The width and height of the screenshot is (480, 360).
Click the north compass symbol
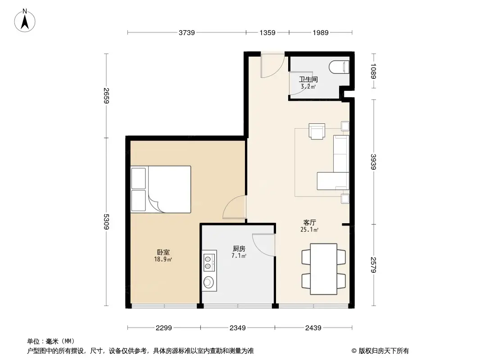tap(25, 20)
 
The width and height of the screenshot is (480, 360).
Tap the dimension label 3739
tap(187, 32)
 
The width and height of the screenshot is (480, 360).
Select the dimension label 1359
tap(267, 32)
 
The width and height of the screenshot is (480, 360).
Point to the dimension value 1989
tap(320, 32)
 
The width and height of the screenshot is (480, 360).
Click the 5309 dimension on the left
tap(106, 222)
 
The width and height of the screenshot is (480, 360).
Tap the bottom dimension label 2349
tap(237, 328)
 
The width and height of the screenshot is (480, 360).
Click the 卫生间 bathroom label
tap(308, 80)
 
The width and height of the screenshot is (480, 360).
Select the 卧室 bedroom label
tap(163, 252)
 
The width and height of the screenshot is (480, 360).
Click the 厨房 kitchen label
tap(239, 248)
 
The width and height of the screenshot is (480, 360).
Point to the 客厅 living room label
tap(310, 222)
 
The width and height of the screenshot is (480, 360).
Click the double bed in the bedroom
tap(160, 189)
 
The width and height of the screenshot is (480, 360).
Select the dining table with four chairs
tap(323, 269)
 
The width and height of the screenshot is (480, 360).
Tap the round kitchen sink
tap(208, 283)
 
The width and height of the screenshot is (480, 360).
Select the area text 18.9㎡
tap(163, 259)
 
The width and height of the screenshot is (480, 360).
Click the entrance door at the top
tap(272, 66)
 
